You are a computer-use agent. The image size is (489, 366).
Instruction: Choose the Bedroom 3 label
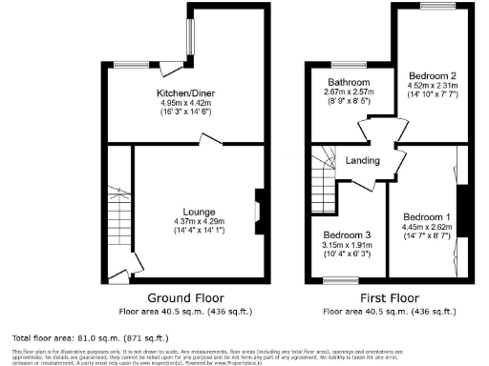coord(347,234)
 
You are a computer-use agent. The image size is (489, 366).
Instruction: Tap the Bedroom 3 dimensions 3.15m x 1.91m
coord(347,245)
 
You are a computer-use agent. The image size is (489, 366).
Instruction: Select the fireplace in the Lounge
coord(258,211)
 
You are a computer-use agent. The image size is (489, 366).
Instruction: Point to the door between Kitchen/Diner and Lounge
coord(209,142)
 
